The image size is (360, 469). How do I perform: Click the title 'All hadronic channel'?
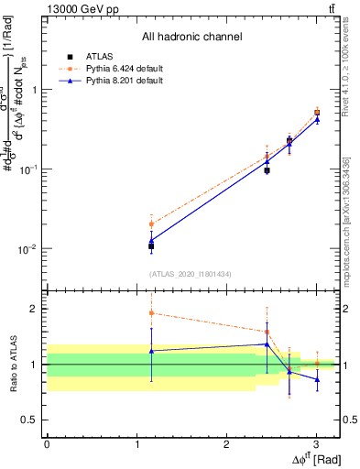tap(191, 37)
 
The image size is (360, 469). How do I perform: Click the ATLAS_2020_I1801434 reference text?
tap(191, 274)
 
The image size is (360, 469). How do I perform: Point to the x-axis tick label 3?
tap(316, 443)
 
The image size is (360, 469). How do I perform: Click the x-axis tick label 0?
tap(47, 443)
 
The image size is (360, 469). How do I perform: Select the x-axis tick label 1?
tap(136, 443)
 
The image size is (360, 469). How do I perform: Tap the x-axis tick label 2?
tap(226, 443)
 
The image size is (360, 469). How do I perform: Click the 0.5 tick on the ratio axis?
tap(27, 420)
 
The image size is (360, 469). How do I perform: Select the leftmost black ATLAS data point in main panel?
tap(151, 245)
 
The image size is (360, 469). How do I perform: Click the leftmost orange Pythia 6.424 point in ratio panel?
tap(151, 313)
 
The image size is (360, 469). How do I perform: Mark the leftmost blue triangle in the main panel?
tap(151, 240)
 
